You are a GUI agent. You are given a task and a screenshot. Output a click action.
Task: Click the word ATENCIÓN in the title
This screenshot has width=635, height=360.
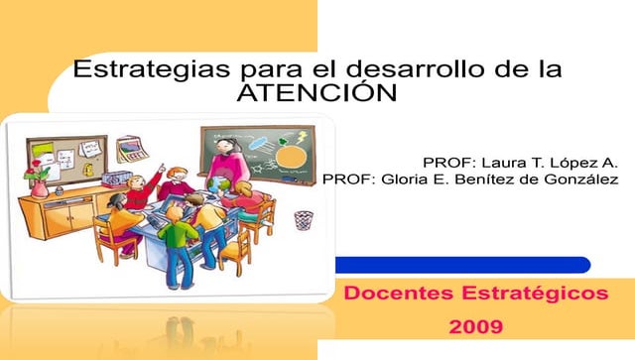pos(317,93)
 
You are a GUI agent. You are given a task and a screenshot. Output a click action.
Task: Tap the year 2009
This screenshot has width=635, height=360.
pos(475,325)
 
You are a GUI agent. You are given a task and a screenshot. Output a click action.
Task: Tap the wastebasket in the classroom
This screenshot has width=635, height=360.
pos(304,219)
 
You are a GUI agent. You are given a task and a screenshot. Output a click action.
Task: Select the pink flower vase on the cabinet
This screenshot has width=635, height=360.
pos(39,183)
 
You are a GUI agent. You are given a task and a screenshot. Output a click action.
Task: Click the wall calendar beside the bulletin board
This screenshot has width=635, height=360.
pos(131,150)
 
